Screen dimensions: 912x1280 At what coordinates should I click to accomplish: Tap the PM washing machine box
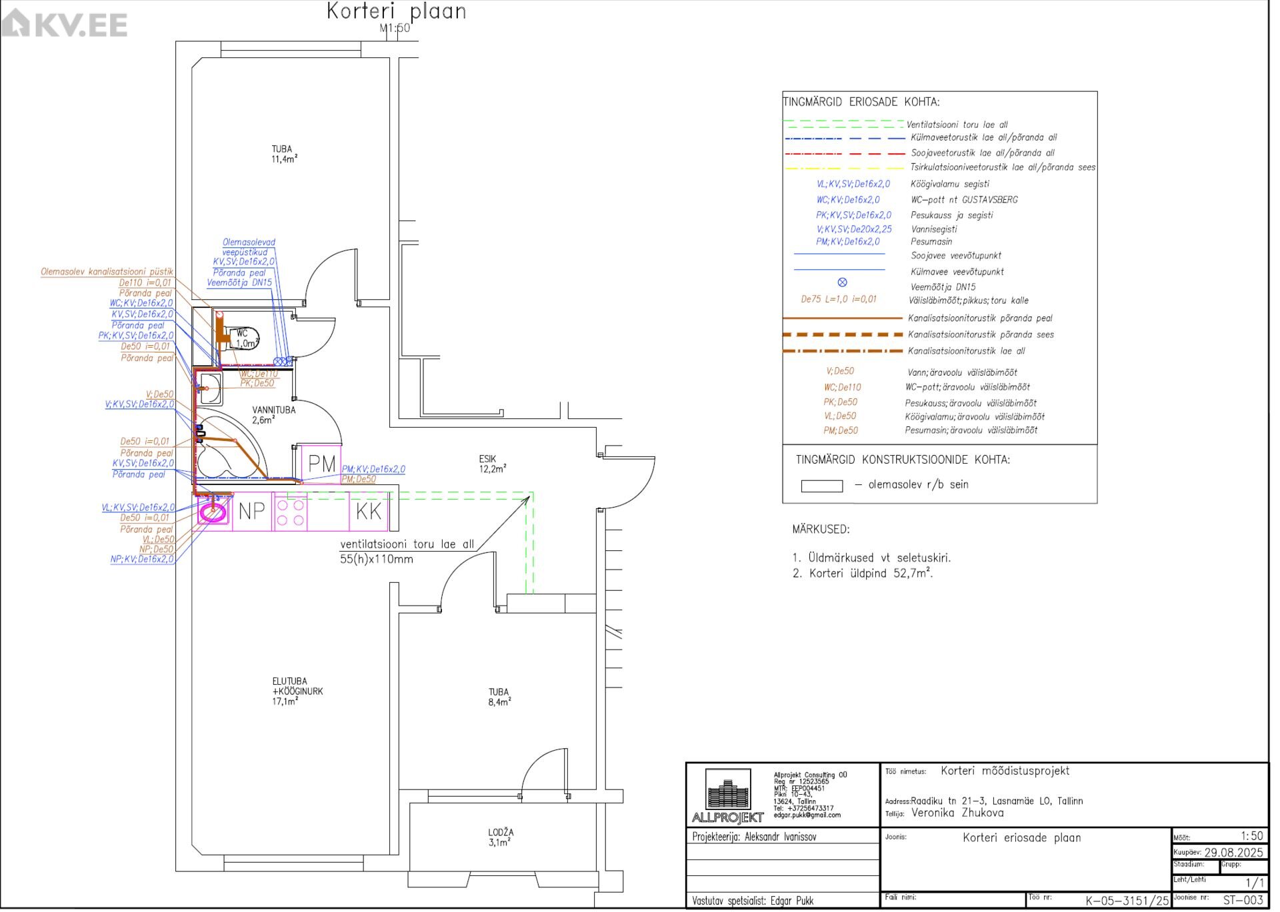(322, 465)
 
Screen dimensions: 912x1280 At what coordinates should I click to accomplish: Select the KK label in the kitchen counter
(369, 512)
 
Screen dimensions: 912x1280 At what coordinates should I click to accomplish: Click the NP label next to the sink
(252, 512)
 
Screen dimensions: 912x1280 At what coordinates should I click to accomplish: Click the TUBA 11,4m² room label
(283, 155)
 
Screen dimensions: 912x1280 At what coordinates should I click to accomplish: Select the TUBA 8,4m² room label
(499, 697)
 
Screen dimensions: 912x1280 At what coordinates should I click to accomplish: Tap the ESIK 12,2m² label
(492, 464)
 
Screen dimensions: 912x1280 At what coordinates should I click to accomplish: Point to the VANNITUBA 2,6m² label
(273, 415)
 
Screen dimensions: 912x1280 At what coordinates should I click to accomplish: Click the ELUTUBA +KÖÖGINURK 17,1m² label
(297, 691)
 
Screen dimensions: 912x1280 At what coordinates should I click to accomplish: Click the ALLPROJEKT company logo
(728, 797)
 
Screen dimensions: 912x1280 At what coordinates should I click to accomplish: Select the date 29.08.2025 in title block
(1233, 853)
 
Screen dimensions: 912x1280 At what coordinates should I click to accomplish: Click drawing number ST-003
(1243, 901)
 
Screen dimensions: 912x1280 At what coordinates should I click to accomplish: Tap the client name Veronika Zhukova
(957, 813)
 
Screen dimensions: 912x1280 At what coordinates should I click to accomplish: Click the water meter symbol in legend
(843, 283)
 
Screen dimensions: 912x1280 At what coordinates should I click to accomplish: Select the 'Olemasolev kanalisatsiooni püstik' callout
(107, 272)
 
